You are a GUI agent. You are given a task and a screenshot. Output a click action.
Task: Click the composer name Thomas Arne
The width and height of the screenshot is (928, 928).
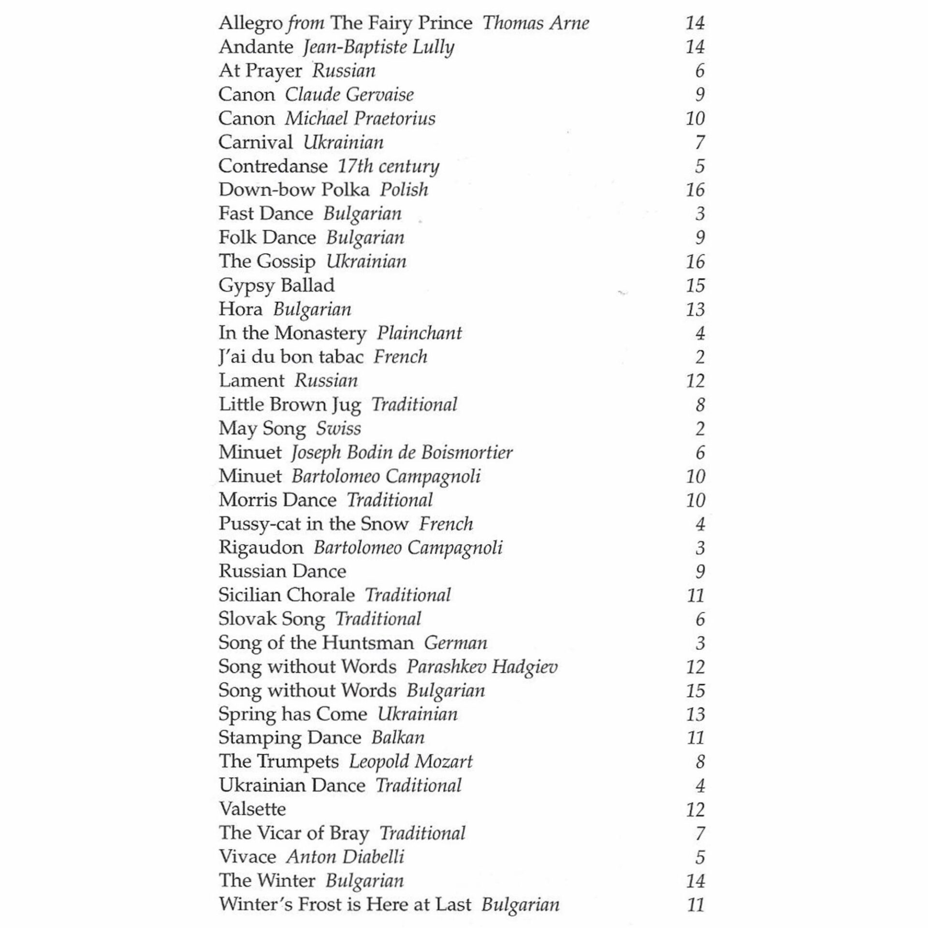tap(536, 23)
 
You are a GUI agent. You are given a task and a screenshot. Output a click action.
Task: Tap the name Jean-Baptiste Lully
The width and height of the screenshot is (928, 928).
tap(378, 47)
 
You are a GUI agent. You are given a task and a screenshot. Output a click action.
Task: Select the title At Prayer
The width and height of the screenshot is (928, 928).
tap(260, 71)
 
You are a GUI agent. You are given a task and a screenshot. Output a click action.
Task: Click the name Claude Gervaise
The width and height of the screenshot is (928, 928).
tap(349, 95)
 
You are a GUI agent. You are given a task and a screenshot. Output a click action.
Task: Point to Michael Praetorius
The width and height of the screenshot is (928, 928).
tap(360, 119)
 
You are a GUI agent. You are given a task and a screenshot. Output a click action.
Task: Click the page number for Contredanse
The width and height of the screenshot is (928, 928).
tap(699, 166)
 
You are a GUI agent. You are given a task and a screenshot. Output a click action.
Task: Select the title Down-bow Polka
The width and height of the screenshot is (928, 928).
tap(294, 190)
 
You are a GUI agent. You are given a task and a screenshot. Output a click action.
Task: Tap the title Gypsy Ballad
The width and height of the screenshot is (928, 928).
tap(276, 286)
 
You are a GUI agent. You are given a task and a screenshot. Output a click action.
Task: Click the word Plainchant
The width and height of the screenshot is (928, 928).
tap(419, 333)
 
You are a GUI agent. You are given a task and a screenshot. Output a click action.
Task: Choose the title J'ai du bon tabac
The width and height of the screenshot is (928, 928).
tap(291, 357)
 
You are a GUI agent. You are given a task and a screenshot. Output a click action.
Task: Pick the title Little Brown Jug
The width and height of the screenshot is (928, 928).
tap(290, 405)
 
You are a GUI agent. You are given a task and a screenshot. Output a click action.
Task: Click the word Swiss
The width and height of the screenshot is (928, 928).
tap(338, 429)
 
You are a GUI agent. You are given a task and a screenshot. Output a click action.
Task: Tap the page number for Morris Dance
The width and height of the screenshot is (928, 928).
tap(695, 500)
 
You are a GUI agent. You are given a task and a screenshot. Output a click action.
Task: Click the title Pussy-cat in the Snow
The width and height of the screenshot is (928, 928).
tap(313, 524)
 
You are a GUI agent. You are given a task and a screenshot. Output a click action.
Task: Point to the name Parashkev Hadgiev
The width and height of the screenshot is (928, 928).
tap(482, 667)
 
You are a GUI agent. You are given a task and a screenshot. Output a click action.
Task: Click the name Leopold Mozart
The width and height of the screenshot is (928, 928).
tap(410, 762)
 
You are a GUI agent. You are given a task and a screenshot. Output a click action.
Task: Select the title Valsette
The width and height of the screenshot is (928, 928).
tap(252, 809)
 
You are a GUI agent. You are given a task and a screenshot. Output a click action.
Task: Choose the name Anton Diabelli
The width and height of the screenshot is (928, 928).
tap(345, 857)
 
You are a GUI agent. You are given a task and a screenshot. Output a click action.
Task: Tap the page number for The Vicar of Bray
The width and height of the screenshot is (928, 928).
tap(699, 833)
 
